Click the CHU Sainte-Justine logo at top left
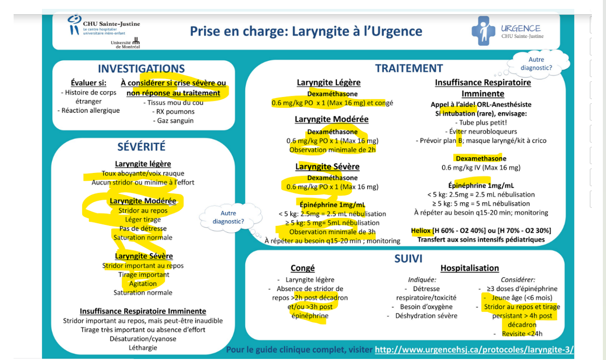104,25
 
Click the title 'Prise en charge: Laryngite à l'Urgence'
306,31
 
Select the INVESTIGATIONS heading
141,69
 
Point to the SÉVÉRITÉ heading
141,147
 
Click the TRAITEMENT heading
409,68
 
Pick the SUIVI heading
408,258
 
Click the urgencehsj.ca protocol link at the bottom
474,350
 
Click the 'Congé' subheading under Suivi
302,268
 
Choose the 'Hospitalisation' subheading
469,268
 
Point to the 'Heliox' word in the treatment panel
421,231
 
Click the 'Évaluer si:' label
89,83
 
